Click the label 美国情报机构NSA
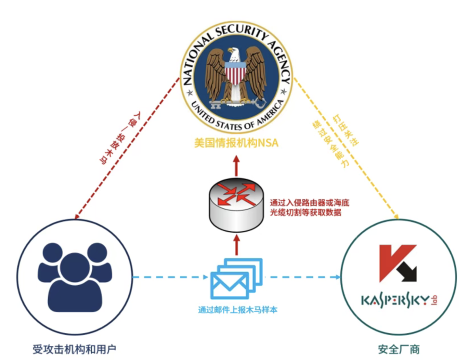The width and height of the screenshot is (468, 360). point(236,143)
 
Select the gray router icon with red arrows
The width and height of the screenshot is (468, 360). point(236,205)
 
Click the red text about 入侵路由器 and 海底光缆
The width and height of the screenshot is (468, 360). point(309,207)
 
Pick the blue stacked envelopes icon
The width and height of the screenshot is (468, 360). point(236,278)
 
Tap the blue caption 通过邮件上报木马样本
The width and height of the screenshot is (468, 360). point(238,309)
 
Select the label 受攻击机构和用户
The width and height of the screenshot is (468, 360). point(74,349)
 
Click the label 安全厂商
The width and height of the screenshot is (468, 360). point(399,349)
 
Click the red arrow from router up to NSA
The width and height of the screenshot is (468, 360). point(236,166)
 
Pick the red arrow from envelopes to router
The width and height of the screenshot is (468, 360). point(237,245)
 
